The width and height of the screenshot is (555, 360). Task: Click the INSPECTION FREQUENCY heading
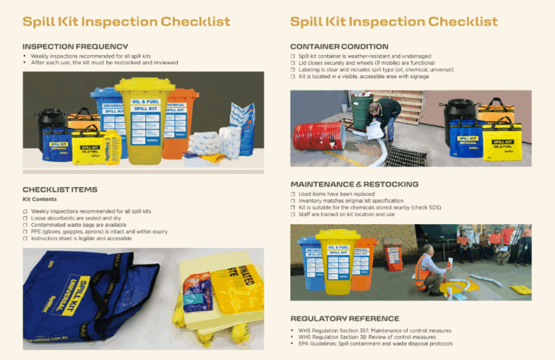point(75,46)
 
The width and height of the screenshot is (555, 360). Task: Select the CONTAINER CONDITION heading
point(339,46)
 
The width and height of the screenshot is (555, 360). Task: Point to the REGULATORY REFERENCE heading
point(344,318)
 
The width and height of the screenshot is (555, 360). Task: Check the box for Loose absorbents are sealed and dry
point(25,218)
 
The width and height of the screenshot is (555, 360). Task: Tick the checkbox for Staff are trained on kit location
point(292,215)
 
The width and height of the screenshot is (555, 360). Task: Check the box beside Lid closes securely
point(292,63)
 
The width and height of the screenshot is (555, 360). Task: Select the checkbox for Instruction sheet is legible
point(25,238)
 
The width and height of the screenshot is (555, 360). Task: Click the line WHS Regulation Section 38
point(366,337)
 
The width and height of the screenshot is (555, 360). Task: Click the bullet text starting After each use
point(104,63)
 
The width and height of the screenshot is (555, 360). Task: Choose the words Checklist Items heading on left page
point(59,189)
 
